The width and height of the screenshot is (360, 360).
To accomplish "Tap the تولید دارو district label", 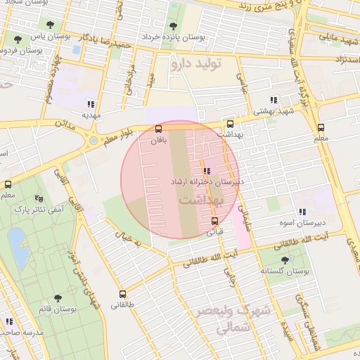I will coord(195,65).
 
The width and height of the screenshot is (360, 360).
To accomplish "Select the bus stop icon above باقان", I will coord(158,129).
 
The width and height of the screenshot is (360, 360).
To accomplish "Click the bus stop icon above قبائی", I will coord(214,221).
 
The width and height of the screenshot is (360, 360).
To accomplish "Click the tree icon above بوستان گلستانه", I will coord(285,260).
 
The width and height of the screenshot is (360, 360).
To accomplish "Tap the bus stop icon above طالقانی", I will coord(123,295).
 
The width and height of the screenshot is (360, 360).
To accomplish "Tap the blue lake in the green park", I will coord(15,243).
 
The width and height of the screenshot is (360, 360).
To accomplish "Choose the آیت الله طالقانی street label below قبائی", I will coord(200,261).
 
